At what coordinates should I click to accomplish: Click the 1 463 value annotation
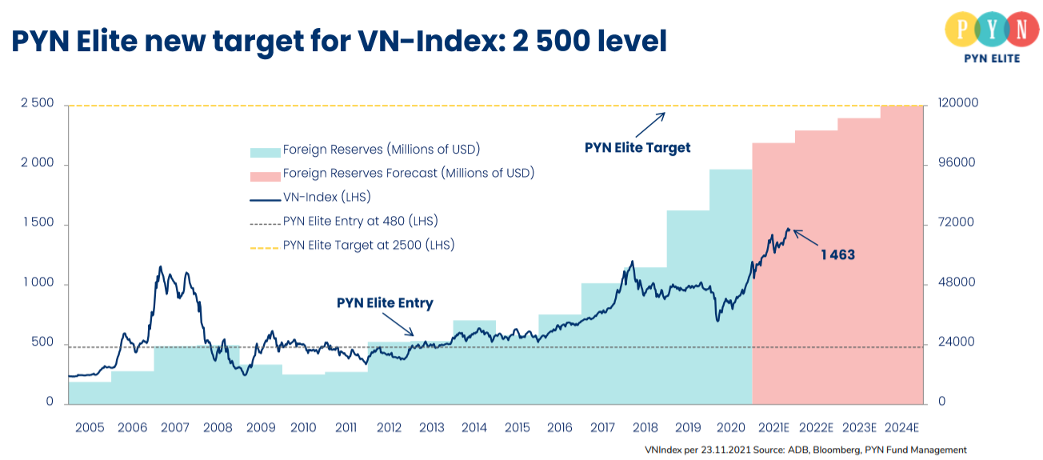pos(837,255)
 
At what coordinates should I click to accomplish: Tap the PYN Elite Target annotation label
pos(637,147)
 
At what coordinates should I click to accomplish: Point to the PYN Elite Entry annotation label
pos(385,303)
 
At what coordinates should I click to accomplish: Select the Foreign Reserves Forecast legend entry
pos(408,173)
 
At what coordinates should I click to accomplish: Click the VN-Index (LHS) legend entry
pos(326,197)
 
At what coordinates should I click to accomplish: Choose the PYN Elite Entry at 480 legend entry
pos(360,221)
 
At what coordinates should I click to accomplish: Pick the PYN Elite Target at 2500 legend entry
pos(368,245)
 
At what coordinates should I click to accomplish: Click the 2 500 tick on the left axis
pos(37,104)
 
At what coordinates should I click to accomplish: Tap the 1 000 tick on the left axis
pos(37,283)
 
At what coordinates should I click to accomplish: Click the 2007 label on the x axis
pos(174,427)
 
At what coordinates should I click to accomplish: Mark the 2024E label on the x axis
pos(901,427)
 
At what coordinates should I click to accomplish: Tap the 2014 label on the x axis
pos(474,427)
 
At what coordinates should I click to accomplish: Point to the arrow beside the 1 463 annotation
pos(805,238)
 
